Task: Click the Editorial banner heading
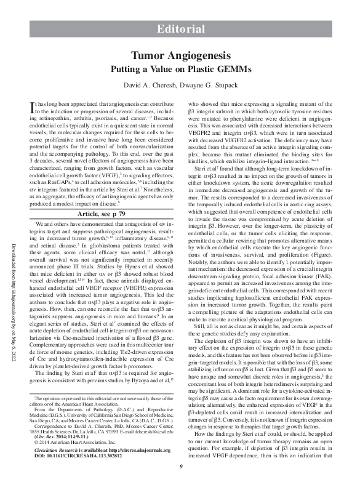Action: point(180,29)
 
